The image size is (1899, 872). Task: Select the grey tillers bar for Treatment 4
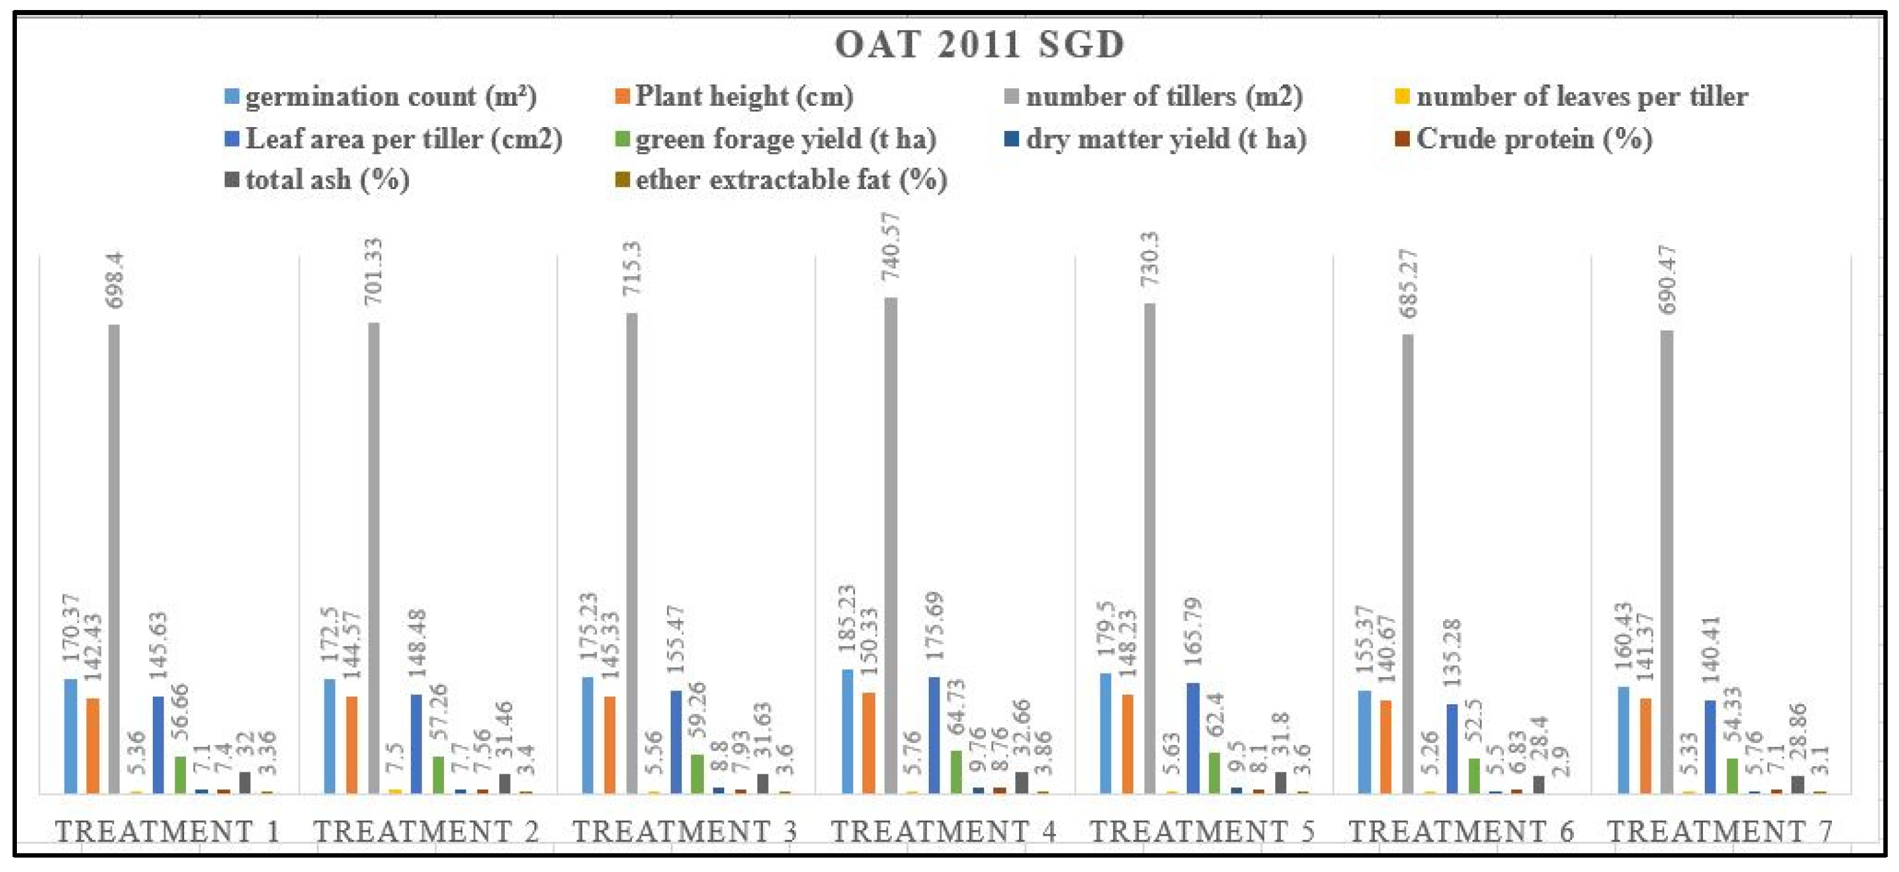point(891,545)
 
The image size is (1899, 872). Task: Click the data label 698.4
point(116,280)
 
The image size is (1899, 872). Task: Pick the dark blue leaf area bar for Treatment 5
point(1193,737)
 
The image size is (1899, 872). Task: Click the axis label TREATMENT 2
point(426,831)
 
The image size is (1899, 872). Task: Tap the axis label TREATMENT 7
point(1719,831)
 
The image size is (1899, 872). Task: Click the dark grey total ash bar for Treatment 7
point(1798,784)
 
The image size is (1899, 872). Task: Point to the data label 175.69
point(934,626)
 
